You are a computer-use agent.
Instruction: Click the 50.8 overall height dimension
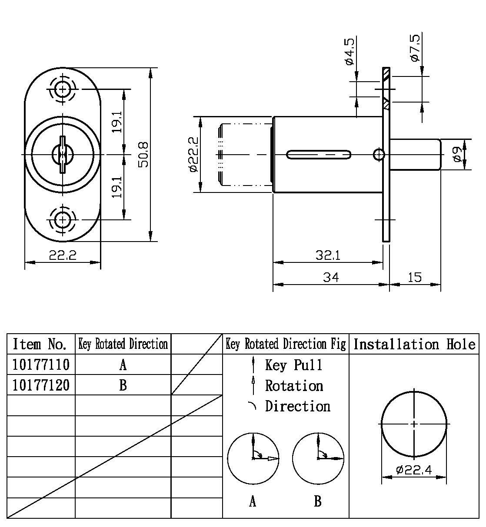144,154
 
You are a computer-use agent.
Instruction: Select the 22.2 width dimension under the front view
63,255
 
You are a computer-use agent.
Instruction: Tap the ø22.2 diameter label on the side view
194,154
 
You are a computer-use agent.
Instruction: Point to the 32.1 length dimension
328,255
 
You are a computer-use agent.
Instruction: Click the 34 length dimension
330,277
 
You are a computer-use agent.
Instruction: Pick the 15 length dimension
415,277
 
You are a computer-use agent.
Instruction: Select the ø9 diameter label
456,154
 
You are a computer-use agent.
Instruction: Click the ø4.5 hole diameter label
350,52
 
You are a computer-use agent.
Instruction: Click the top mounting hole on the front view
63,90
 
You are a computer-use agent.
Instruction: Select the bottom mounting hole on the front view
63,219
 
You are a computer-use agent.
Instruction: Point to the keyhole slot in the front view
63,154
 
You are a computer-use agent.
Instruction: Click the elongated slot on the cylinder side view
319,154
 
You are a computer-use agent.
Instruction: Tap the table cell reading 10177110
41,365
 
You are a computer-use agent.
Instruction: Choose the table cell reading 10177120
41,385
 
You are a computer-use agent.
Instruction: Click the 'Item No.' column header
41,344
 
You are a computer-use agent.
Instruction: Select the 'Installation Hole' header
414,344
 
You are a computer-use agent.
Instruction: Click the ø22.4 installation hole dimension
414,470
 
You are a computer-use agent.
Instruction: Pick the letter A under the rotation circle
253,502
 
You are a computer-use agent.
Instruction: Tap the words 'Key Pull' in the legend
294,365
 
